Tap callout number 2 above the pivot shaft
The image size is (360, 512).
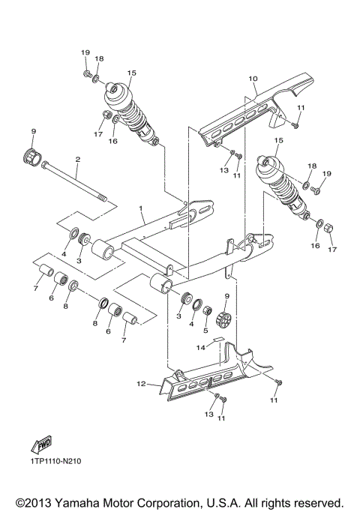(76, 159)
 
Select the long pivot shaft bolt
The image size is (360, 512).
(75, 182)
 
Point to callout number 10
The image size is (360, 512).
(253, 78)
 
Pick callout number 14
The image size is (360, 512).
(199, 347)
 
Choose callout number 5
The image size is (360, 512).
(205, 329)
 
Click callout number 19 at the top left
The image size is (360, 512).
(85, 52)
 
